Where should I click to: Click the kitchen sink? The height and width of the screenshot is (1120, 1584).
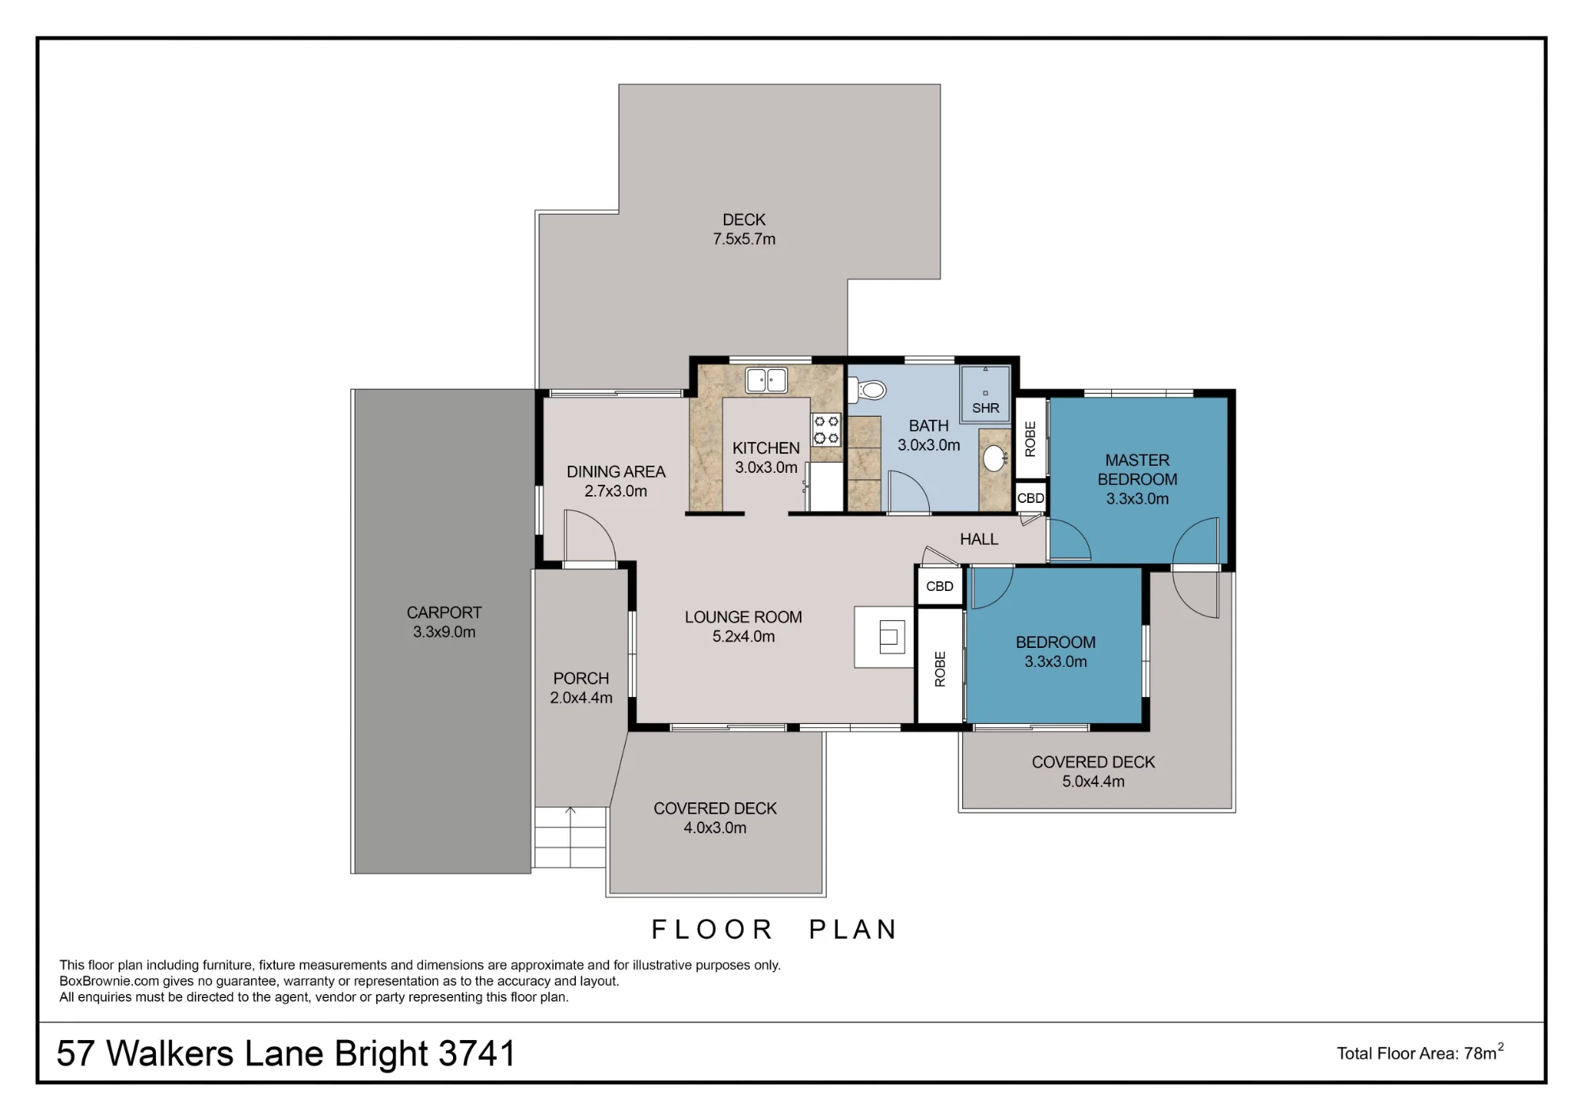point(766,380)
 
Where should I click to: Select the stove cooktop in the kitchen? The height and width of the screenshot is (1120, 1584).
point(826,430)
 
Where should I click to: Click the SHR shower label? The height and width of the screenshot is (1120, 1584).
point(985,408)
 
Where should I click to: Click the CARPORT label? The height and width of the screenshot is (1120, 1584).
point(444,612)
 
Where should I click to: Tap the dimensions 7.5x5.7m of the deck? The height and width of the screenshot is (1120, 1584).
point(744,239)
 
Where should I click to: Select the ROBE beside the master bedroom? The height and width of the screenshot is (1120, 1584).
point(1030,439)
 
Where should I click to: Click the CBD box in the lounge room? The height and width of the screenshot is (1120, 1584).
point(940,586)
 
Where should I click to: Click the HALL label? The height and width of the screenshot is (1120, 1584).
point(979,539)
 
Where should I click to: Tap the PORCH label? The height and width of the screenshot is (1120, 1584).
point(581,679)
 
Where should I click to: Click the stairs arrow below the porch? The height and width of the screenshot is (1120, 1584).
point(570,837)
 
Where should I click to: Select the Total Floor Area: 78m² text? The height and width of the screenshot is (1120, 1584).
point(1420,1053)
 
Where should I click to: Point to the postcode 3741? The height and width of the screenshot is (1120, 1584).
point(477,1053)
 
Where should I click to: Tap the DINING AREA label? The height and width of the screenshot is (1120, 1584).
point(616,472)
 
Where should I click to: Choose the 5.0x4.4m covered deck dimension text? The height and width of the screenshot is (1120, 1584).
point(1093,782)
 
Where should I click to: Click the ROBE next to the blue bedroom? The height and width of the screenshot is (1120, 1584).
point(940,669)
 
